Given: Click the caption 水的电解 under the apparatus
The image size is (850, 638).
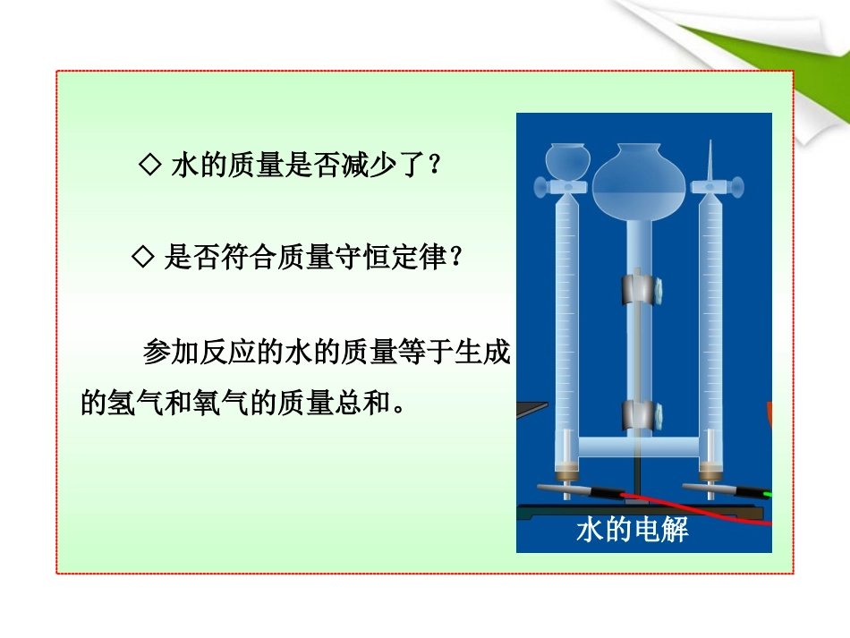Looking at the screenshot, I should pos(633,531).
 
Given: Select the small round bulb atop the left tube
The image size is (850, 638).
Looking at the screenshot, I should pos(565,159).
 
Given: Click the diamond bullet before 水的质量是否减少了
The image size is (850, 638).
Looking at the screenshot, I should pos(150,165).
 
